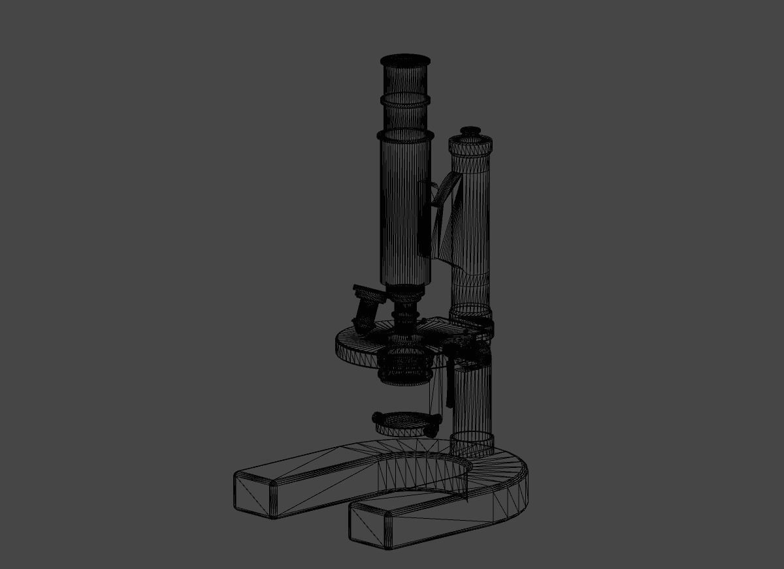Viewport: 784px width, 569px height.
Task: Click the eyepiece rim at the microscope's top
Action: tap(405, 61)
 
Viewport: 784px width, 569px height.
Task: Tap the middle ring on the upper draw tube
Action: tap(406, 100)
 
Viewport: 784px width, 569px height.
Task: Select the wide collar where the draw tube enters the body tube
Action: tap(406, 136)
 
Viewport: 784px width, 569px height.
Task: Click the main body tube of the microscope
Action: tap(405, 209)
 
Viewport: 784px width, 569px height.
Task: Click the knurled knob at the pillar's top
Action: tap(470, 145)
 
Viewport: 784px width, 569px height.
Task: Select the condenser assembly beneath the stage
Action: tap(405, 365)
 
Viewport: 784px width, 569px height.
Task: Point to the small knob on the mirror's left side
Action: tap(377, 418)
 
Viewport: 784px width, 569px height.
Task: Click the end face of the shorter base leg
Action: tap(370, 526)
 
